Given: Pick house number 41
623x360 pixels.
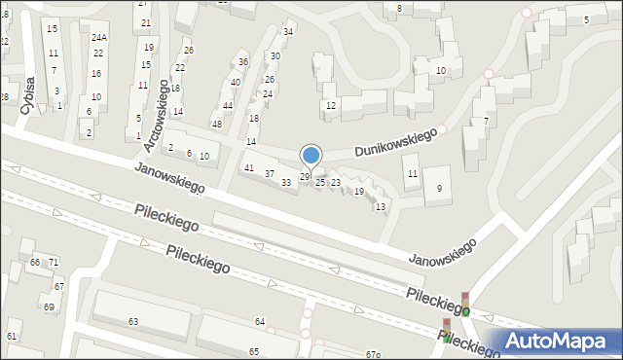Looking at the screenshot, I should coord(248,168).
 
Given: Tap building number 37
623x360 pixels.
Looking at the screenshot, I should coord(270,174).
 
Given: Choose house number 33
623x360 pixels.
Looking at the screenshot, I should coord(286,182).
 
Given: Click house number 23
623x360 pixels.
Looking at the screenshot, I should coord(336,182).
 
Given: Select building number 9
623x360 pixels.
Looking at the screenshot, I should coord(439,188).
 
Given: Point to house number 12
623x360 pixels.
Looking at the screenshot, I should coord(331,105).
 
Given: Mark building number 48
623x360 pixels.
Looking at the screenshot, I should coord(217,125).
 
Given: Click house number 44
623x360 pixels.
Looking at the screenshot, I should coord(227,105).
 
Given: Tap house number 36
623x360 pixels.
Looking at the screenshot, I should coord(243,62).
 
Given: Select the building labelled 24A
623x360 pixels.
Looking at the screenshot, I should coord(99,37).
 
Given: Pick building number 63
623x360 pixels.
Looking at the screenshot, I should coord(133,321).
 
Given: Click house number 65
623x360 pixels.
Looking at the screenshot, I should coord(254,351).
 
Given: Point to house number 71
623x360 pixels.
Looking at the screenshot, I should coord(54,263).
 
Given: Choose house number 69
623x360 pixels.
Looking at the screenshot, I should coord(49,306).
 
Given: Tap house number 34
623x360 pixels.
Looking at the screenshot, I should coord(288,32).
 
